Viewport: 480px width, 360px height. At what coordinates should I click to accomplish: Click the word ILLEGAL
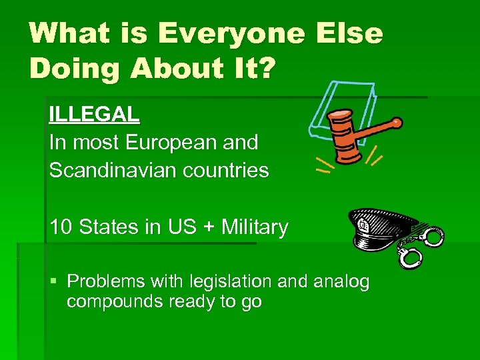pos(94,114)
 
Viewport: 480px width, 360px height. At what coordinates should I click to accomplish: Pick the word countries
pos(225,170)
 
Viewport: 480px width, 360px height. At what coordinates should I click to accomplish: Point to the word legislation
pos(214,281)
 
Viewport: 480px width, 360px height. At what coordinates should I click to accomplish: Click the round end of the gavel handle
pos(397,123)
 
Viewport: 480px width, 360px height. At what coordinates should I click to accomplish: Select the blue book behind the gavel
pos(340,107)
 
